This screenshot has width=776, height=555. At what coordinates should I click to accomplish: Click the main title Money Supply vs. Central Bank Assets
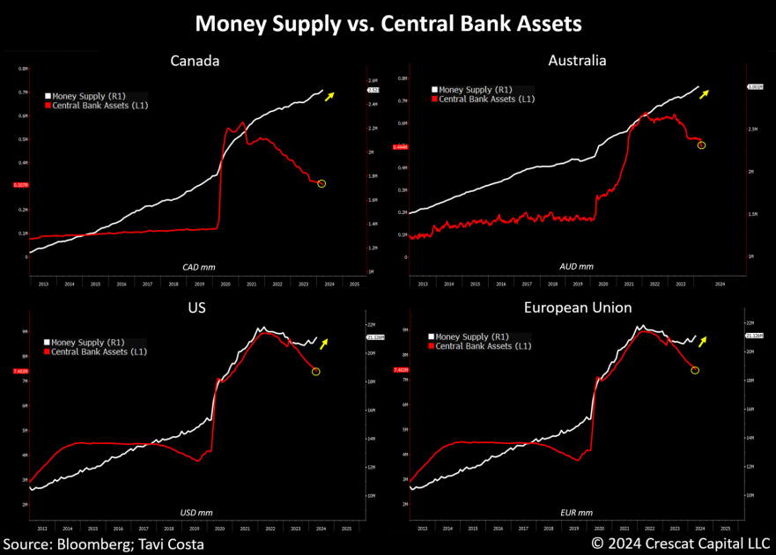click(388, 23)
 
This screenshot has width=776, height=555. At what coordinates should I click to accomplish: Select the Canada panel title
click(195, 61)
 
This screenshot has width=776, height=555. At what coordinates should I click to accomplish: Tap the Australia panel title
click(577, 61)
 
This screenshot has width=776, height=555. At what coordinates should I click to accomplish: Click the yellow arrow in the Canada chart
click(329, 96)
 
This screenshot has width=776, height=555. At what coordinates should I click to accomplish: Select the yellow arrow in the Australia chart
click(705, 93)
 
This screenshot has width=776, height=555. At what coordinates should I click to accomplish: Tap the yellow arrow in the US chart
click(325, 343)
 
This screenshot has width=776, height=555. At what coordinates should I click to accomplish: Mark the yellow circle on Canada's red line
click(321, 183)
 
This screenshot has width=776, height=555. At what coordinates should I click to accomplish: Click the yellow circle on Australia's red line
click(701, 144)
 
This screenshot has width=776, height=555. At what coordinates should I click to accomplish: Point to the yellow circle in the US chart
click(316, 372)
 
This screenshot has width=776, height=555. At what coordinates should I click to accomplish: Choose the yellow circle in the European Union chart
click(695, 370)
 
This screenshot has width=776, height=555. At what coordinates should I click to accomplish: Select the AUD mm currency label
click(576, 265)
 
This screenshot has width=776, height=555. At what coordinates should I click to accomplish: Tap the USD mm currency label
click(196, 512)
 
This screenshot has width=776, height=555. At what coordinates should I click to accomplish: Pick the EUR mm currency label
click(576, 512)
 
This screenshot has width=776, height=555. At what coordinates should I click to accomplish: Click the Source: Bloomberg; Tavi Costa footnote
click(104, 544)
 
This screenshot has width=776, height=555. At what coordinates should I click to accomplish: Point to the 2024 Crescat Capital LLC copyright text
click(680, 544)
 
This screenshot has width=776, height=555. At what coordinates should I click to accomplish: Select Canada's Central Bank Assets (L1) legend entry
click(96, 106)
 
